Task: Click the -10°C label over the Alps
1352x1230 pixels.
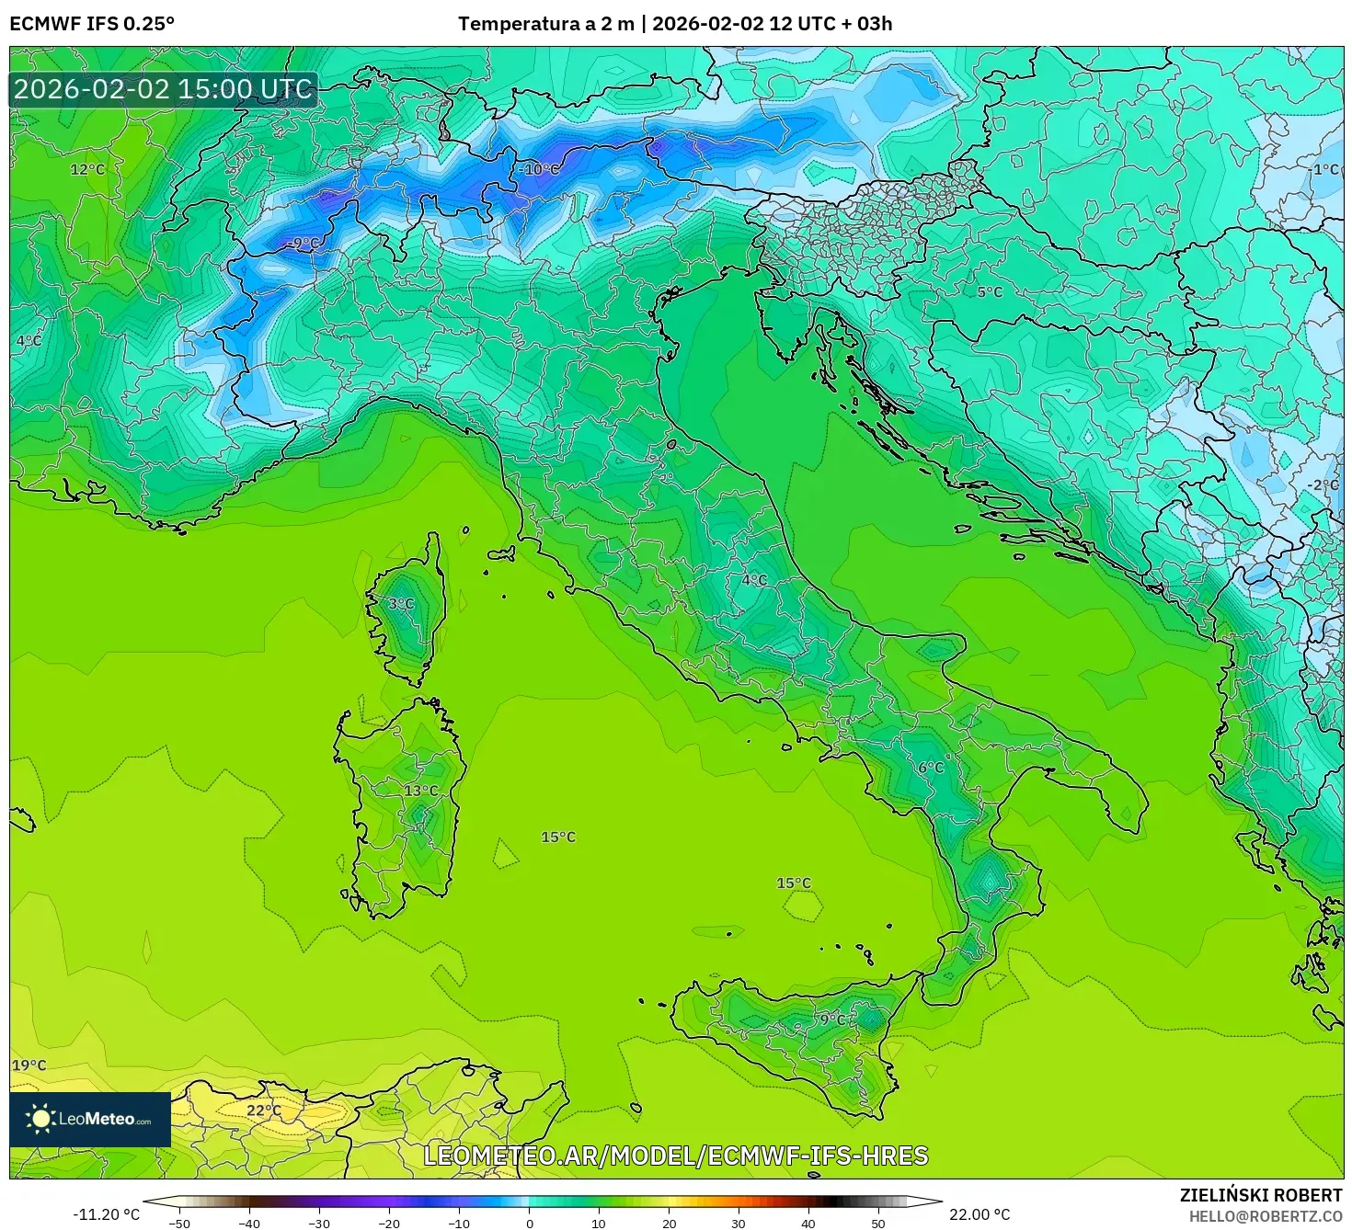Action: [x=539, y=169]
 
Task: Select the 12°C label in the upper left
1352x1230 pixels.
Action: [x=88, y=169]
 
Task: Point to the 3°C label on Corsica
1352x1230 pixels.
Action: [x=401, y=604]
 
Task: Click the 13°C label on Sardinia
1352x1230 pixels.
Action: [x=421, y=791]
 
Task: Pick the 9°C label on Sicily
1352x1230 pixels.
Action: [x=833, y=1019]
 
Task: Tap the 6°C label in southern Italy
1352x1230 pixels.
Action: [x=931, y=768]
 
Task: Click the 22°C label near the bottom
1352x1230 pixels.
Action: [x=264, y=1110]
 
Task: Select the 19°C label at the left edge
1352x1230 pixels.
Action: [x=29, y=1065]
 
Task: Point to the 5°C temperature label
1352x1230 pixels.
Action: [x=990, y=291]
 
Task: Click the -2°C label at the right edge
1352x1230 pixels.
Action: [x=1323, y=484]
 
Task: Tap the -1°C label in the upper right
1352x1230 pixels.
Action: [x=1324, y=169]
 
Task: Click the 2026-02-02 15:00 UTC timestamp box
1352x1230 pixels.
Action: [x=164, y=89]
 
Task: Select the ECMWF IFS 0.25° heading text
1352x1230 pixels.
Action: [x=92, y=24]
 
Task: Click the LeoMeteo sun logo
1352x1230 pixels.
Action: [x=40, y=1119]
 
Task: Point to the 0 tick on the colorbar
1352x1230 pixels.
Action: [x=529, y=1223]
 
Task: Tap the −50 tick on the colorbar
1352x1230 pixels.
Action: [x=179, y=1223]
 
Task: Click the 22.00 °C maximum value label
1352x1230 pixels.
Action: [x=980, y=1214]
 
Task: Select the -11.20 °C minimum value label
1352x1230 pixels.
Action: [x=107, y=1214]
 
